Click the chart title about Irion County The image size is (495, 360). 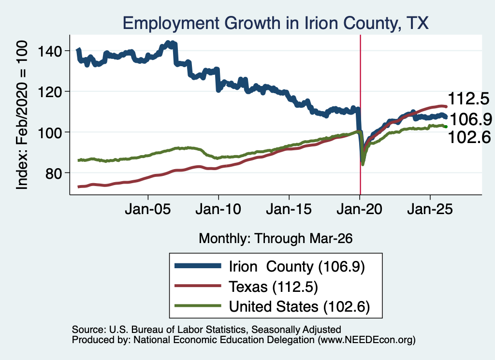click(x=275, y=23)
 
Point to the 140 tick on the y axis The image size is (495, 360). click(x=50, y=51)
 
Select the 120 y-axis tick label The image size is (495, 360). click(x=50, y=92)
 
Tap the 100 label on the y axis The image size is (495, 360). click(x=50, y=132)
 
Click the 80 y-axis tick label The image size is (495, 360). click(x=53, y=173)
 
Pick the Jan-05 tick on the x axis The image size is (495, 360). click(x=148, y=209)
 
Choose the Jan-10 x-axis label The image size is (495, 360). click(x=218, y=209)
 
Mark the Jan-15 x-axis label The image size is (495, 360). click(x=289, y=209)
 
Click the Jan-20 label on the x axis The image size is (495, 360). click(x=359, y=209)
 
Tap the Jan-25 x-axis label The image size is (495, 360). click(x=430, y=209)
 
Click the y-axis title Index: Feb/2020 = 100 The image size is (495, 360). click(x=22, y=115)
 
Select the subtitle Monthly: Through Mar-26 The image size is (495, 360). click(x=276, y=239)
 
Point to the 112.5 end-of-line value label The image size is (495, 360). click(x=468, y=99)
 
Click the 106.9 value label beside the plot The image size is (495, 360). click(x=471, y=119)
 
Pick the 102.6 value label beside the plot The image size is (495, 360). click(x=469, y=137)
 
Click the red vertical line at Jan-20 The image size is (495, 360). click(x=360, y=115)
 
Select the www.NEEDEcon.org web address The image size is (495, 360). click(x=366, y=340)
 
